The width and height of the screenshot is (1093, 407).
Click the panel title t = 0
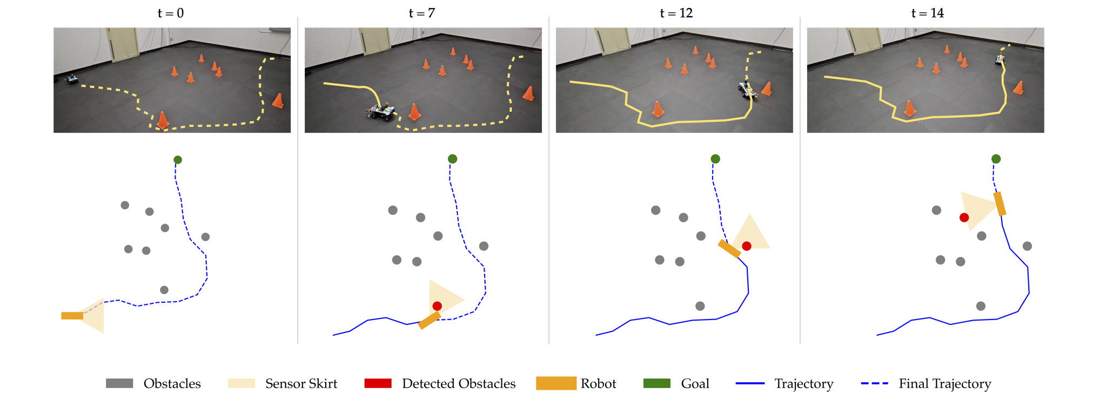coord(171,13)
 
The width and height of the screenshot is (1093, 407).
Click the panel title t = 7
coord(421,13)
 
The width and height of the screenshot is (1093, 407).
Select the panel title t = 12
coord(676,13)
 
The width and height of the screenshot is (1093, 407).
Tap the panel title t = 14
coord(927,13)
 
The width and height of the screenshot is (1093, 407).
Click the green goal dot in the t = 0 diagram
coord(178,160)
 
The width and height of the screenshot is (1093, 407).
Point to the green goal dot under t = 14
coord(996,159)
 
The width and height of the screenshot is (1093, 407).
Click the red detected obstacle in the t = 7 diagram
coord(437,306)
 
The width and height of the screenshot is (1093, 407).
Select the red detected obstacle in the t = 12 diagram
coord(747,246)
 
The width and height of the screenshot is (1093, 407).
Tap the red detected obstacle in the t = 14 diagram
coord(964,218)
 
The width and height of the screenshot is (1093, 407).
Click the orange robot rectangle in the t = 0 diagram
coord(72,316)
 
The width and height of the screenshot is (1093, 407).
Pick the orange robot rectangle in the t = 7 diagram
coord(430,320)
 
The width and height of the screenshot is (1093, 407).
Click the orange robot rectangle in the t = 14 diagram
coord(1000,204)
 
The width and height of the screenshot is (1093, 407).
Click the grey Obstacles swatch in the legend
coord(119,384)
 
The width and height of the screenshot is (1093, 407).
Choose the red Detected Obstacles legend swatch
coord(378,384)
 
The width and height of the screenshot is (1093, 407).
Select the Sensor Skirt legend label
coord(301,384)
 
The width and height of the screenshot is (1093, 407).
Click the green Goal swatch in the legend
coord(656,384)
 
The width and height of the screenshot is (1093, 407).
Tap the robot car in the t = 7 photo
coord(381,112)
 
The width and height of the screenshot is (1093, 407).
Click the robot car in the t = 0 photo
coord(72,79)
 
